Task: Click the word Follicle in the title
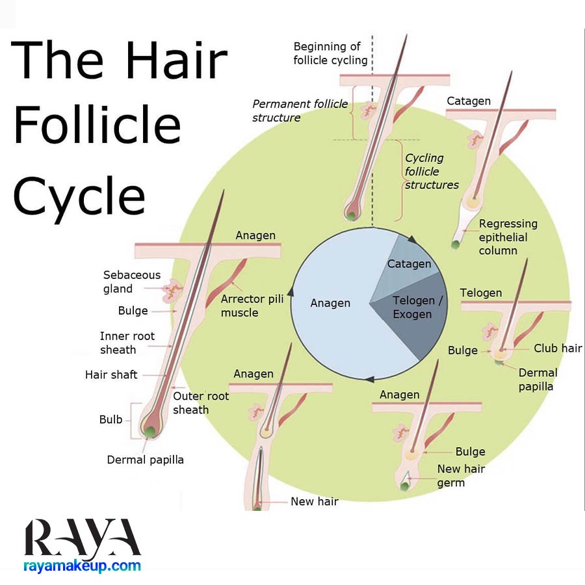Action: (x=97, y=125)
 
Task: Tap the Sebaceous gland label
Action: (x=132, y=281)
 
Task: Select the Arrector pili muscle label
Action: (x=252, y=305)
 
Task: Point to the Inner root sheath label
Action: (x=127, y=343)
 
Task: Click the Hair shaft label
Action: (x=111, y=374)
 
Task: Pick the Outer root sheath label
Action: (x=201, y=403)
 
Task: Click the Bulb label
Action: (x=110, y=419)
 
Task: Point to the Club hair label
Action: (x=558, y=348)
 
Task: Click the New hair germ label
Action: (x=461, y=475)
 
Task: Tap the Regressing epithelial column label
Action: (x=508, y=237)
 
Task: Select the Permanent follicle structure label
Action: (x=300, y=110)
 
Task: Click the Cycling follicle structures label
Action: (x=432, y=171)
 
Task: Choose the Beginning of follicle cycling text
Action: (x=330, y=53)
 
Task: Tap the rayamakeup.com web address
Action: (x=82, y=566)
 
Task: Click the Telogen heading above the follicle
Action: (x=480, y=293)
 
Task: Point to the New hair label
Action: (x=315, y=501)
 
